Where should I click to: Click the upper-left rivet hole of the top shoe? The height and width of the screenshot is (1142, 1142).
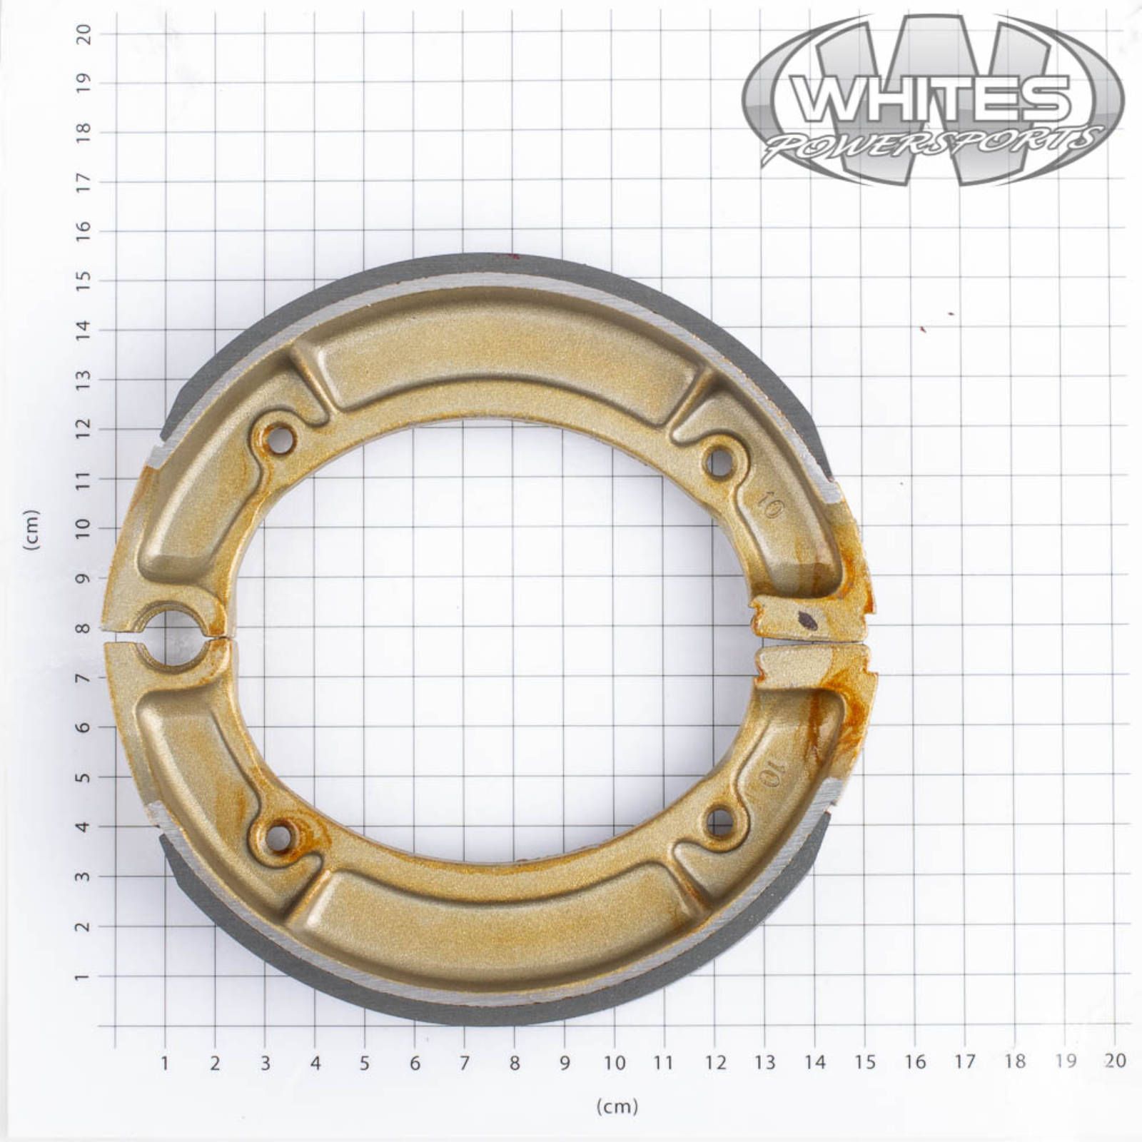tap(281, 440)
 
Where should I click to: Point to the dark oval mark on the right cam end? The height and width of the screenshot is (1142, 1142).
tap(807, 620)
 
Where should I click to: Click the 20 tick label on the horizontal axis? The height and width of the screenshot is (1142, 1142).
tap(1114, 1061)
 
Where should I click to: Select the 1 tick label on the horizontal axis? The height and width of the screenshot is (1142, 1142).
tap(165, 1063)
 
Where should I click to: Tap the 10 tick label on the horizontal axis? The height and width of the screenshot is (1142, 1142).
tap(615, 1063)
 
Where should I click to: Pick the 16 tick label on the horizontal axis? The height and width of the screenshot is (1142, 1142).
tap(915, 1062)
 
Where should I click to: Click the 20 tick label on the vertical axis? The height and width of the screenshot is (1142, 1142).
tap(84, 34)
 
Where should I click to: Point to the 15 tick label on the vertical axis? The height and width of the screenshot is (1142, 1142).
tap(84, 280)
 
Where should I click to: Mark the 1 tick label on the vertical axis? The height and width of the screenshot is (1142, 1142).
tap(84, 976)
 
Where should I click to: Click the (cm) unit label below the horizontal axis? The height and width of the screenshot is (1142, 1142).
tap(617, 1106)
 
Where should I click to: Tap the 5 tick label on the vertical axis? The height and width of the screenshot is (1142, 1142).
tap(84, 777)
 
